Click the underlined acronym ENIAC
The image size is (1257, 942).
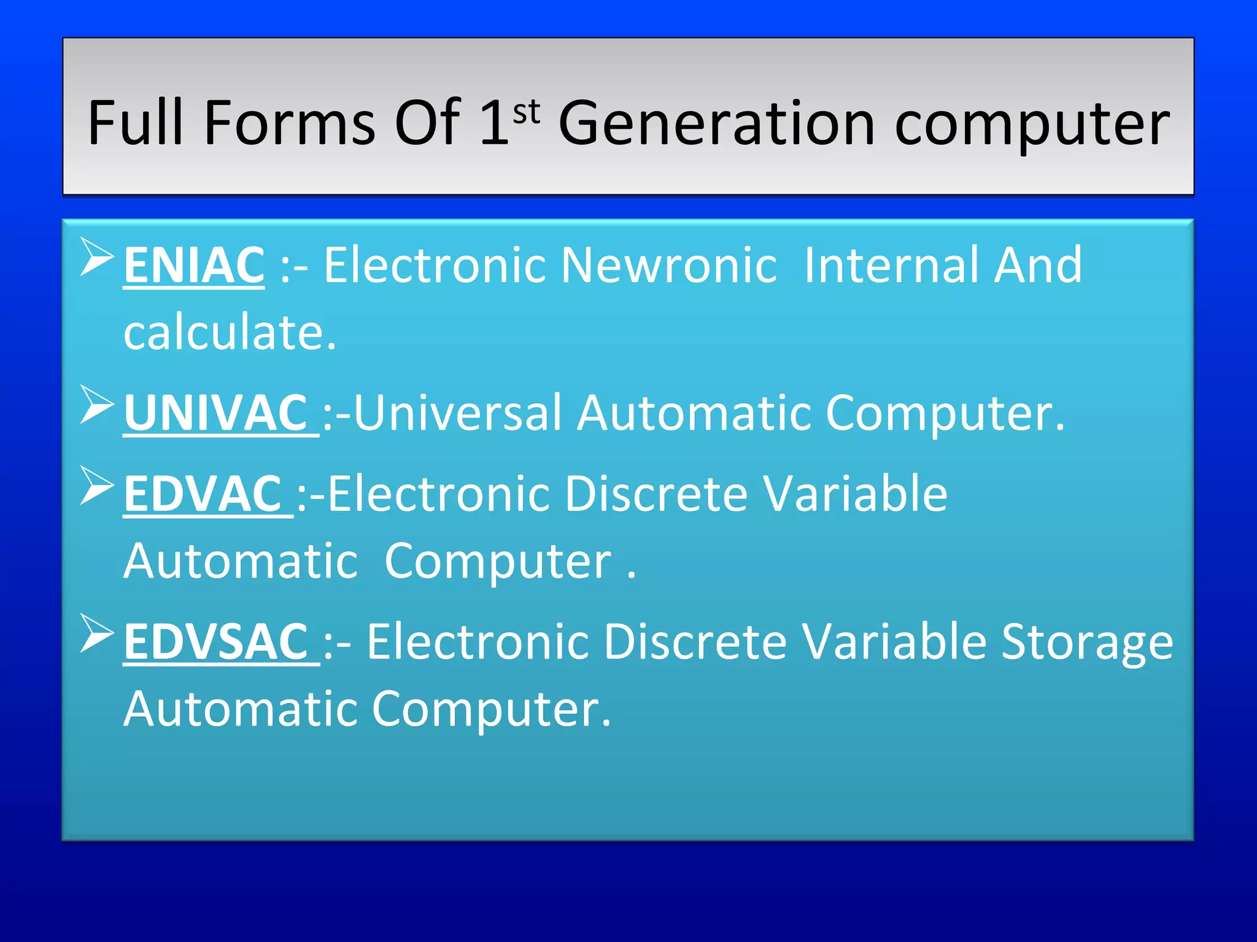point(194,265)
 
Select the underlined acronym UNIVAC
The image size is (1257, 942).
point(216,413)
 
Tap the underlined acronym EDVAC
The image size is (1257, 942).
point(203,494)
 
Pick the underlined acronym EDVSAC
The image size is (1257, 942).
point(216,641)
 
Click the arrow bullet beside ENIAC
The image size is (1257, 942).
point(97,258)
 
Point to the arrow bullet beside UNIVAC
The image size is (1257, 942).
point(97,405)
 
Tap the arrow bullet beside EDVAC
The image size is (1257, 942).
point(97,486)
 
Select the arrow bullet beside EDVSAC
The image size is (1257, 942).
point(97,634)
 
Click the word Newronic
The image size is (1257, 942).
point(669,265)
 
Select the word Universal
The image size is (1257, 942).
point(458,413)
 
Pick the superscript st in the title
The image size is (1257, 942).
point(527,112)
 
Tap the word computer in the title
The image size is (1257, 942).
point(1032,125)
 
